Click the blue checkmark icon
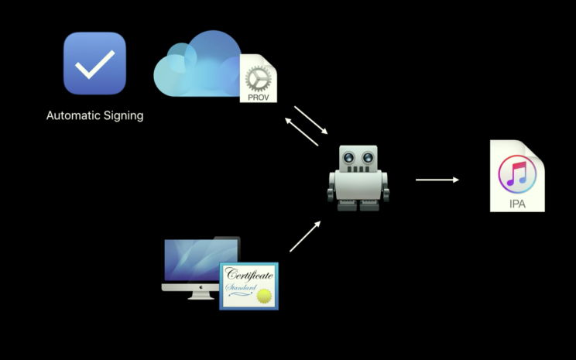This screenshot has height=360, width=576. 94,63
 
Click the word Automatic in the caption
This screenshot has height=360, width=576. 74,116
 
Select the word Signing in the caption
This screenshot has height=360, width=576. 123,116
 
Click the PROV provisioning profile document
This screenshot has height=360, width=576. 258,79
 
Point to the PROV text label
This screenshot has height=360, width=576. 258,97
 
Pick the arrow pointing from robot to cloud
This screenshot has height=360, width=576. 302,131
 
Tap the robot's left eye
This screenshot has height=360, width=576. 349,158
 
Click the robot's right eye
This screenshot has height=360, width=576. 368,158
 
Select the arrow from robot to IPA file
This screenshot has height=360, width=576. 437,180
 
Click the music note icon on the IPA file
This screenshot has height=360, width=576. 517,174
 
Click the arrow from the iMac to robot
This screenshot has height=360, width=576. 305,236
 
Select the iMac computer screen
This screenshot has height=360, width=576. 191,262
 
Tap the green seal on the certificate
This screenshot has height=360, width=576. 264,294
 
